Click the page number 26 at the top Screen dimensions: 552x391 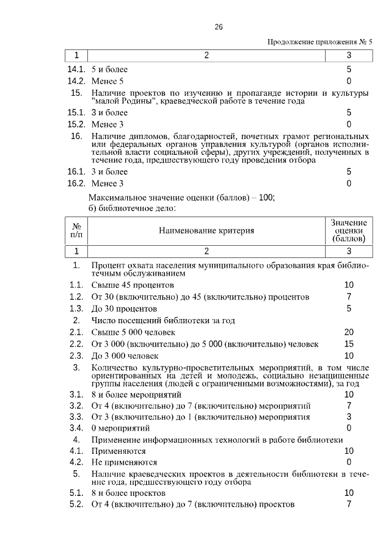(x=219, y=27)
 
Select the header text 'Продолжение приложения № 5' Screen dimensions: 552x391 (x=320, y=42)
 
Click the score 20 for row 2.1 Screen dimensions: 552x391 (x=349, y=332)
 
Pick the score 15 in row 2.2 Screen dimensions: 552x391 (x=349, y=344)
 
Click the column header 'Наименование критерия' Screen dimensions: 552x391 (x=206, y=231)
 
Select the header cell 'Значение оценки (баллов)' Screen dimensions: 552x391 (x=349, y=231)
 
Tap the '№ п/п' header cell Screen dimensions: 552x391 (x=76, y=231)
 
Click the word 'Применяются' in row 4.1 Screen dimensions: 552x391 (x=119, y=451)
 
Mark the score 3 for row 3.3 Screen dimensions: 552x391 (x=349, y=417)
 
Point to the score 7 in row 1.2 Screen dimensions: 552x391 (x=349, y=296)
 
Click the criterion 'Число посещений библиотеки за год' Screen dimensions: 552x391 (x=163, y=320)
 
